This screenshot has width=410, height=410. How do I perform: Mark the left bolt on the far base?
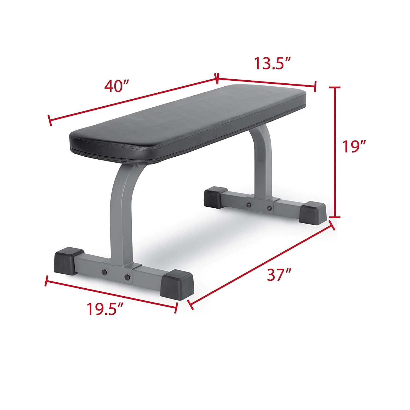click(248, 205)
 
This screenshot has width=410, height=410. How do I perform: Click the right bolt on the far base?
click(269, 208)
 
